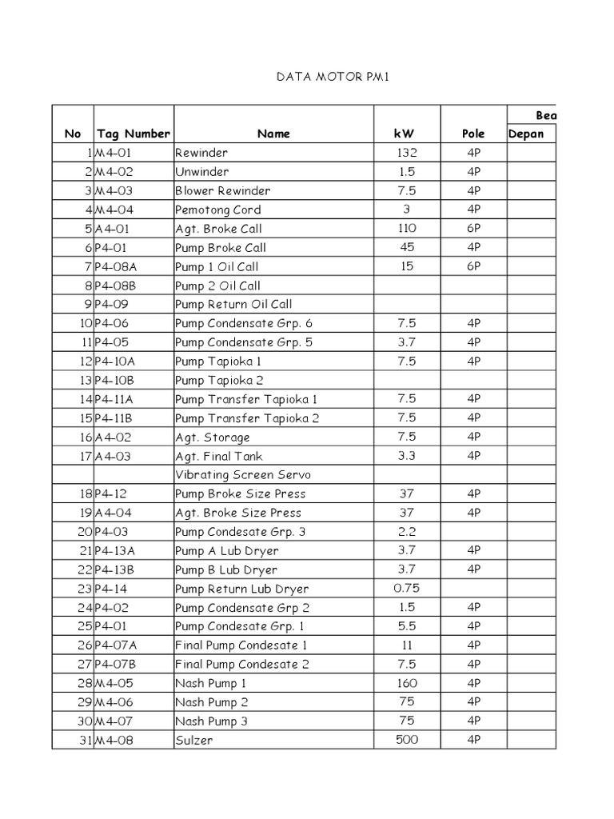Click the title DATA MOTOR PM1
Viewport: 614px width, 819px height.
pos(331,78)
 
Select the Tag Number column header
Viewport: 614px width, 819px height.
pos(133,134)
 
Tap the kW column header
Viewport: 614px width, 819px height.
pos(407,134)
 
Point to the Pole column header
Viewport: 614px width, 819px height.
pos(473,134)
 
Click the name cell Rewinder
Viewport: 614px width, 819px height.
pos(201,153)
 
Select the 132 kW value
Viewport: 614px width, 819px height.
pos(407,152)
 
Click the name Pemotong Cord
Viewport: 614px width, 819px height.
pos(218,210)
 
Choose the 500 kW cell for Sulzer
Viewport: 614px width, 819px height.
pos(407,740)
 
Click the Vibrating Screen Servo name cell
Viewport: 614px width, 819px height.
pos(243,475)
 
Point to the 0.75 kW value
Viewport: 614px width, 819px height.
pos(407,588)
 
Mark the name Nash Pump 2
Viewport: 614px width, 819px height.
pos(212,702)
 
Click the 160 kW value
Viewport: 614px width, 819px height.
pos(407,683)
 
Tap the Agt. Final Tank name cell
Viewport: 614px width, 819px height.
pos(219,456)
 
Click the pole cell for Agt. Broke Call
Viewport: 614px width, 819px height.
pos(473,229)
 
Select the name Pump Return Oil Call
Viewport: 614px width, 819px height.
pos(233,304)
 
